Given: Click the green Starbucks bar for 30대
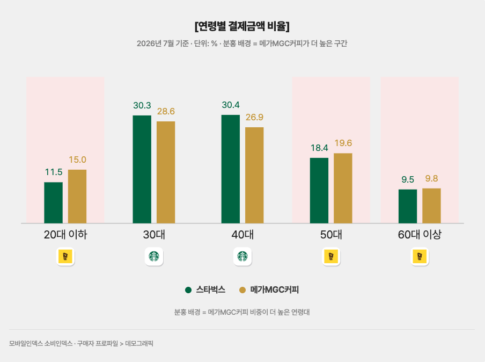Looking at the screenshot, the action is (142, 169).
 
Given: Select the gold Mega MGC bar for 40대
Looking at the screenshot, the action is (254, 175).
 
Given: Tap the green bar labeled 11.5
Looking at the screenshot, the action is (53, 202).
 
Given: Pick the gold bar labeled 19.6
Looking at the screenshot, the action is (343, 188).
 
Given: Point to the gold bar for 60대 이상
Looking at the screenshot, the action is (431, 206).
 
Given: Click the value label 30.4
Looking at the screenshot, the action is (231, 105).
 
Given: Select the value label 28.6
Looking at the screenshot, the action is (166, 111).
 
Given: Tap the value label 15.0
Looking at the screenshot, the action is (77, 160).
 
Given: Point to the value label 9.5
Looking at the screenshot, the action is (408, 179).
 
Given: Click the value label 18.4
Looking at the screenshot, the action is (319, 148).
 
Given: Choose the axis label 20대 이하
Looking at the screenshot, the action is (65, 234).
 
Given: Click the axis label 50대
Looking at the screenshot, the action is (331, 234).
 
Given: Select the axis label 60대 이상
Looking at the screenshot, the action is (420, 234).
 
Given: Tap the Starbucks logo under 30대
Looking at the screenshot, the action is (154, 256).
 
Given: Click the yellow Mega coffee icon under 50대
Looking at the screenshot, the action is (331, 256).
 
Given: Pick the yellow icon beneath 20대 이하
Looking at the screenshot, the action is (65, 256).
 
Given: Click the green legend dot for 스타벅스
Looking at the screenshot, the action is (188, 290).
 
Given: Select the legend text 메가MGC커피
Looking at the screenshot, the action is (274, 290).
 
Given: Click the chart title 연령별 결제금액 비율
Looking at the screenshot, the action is (242, 26).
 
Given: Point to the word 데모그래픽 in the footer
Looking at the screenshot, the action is (139, 343).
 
